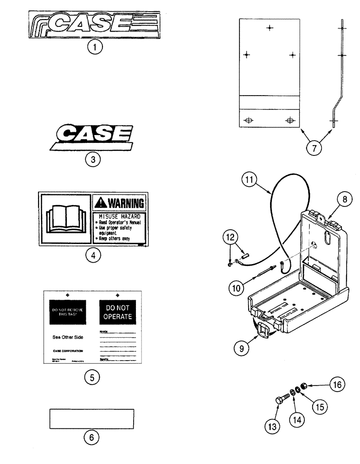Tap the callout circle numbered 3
93,160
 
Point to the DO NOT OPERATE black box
116,313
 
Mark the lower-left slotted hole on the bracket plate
249,121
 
